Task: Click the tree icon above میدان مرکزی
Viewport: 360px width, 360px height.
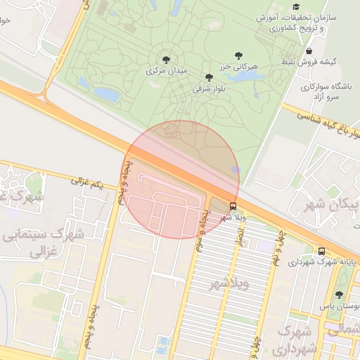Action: point(166,60)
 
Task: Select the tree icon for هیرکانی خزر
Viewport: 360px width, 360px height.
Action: point(238,55)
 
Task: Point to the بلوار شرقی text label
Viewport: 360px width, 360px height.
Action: point(208,89)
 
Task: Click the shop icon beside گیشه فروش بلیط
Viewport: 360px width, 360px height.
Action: point(309,51)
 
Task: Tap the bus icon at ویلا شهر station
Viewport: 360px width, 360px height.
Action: point(233,206)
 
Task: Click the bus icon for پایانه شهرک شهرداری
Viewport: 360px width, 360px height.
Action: point(321,251)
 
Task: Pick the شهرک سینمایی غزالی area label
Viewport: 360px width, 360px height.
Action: point(45,240)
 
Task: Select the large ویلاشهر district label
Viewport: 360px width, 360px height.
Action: point(230,285)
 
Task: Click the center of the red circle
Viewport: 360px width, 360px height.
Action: point(181,179)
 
